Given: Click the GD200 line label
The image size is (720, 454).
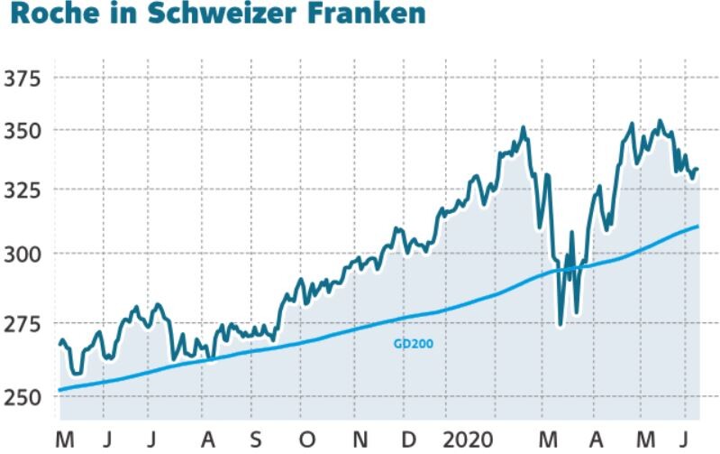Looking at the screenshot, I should click(x=414, y=343).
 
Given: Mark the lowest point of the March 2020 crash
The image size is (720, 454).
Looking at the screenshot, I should click(x=561, y=323).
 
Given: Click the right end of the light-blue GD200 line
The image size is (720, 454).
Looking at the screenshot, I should click(x=698, y=226).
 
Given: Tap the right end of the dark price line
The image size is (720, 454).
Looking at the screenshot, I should click(x=697, y=170).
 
